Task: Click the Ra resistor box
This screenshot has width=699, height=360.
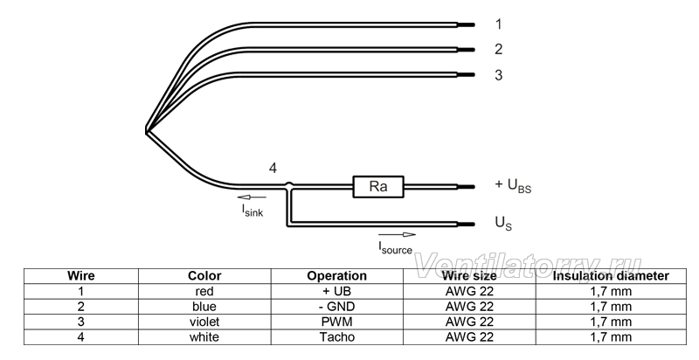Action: coord(378,186)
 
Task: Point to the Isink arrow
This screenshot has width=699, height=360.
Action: coord(252,197)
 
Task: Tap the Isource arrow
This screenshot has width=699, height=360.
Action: coord(397,235)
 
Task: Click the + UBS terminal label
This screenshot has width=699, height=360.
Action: coord(513,185)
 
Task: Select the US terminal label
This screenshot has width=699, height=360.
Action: coord(503,223)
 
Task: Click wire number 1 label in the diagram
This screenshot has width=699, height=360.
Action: coord(498,24)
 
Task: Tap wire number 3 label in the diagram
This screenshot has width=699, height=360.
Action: coord(498,75)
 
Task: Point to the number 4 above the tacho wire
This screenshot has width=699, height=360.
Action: coord(273,169)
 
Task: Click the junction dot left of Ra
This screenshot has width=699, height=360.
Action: coord(289,184)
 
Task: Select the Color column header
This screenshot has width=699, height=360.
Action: coord(204,276)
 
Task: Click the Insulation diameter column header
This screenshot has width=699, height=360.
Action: coord(611,276)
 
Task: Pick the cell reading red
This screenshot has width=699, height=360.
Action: coord(204,291)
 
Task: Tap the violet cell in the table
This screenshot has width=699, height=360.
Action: coord(204,322)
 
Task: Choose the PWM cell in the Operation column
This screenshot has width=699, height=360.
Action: coord(336,322)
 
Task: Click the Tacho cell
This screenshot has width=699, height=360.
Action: coord(336,336)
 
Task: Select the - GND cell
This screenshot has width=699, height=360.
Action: coord(336,307)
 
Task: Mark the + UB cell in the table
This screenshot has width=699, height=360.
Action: coord(336,291)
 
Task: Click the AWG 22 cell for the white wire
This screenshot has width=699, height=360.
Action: coord(469,336)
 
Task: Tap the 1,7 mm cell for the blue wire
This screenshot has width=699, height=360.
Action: coord(611,307)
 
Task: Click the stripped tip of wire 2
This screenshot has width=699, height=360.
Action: coord(466,50)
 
